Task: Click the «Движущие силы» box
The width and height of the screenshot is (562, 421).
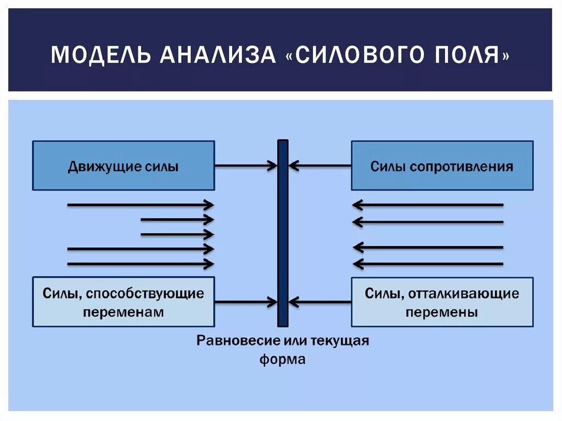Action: pyautogui.click(x=123, y=166)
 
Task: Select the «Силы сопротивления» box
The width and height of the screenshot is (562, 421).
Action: pyautogui.click(x=442, y=166)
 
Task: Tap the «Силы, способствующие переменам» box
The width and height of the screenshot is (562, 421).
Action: pyautogui.click(x=123, y=302)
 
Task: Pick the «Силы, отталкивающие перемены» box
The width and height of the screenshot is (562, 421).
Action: pyautogui.click(x=442, y=302)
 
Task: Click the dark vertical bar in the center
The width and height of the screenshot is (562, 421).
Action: pyautogui.click(x=283, y=233)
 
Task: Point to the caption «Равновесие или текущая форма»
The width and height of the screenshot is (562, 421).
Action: pyautogui.click(x=283, y=350)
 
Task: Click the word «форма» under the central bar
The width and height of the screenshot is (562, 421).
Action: pyautogui.click(x=282, y=360)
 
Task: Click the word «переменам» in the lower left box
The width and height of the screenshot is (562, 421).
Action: pyautogui.click(x=123, y=312)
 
